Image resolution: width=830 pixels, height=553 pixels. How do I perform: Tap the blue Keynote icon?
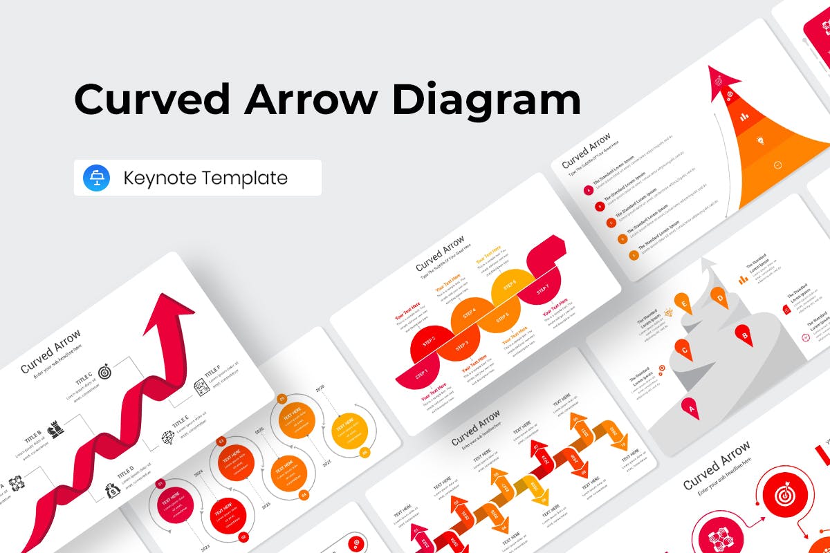pyautogui.click(x=96, y=178)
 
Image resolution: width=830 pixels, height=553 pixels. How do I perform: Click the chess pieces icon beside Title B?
pyautogui.click(x=56, y=429)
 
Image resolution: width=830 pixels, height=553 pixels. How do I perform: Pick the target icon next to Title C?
pyautogui.click(x=105, y=372)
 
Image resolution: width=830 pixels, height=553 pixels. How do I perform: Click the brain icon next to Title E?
pyautogui.click(x=167, y=438)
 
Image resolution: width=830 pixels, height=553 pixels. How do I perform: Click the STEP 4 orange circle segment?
pyautogui.click(x=469, y=315)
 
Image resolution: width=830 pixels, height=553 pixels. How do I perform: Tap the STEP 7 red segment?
pyautogui.click(x=543, y=285)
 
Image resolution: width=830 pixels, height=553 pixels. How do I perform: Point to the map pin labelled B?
pyautogui.click(x=745, y=336)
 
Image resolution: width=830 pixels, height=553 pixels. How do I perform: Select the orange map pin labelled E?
pyautogui.click(x=685, y=303)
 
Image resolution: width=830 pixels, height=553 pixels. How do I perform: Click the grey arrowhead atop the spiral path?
pyautogui.click(x=708, y=266)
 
